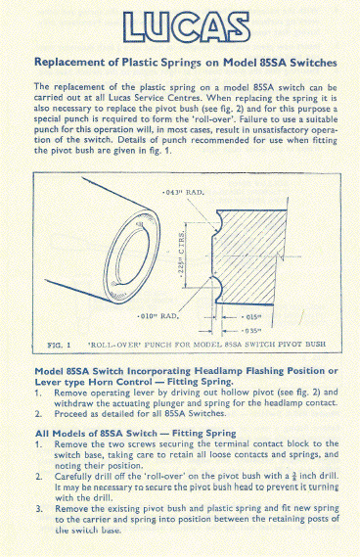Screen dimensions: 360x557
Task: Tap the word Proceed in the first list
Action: (x=73, y=413)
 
